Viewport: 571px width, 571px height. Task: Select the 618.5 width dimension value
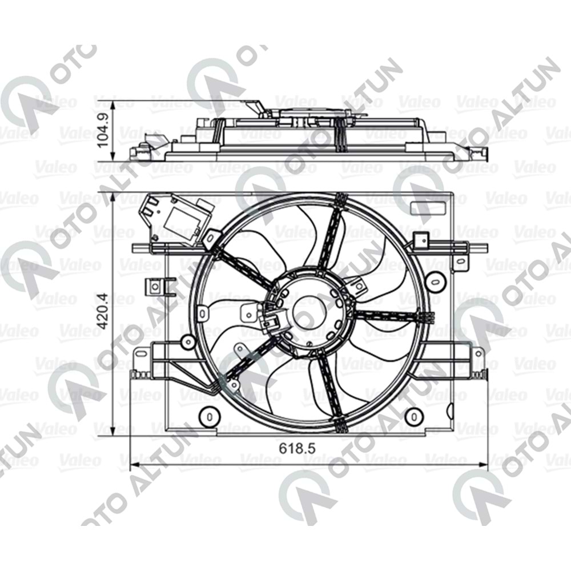(x=297, y=449)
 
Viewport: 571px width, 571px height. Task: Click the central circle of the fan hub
(x=309, y=313)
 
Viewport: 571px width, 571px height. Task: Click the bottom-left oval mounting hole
(x=209, y=416)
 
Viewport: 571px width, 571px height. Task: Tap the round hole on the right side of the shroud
(x=436, y=280)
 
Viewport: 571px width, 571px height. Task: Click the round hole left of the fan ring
(x=187, y=342)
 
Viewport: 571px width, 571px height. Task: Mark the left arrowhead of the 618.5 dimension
(x=135, y=463)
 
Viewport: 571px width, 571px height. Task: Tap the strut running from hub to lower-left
(x=246, y=360)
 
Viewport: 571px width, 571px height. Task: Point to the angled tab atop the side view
(x=254, y=107)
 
